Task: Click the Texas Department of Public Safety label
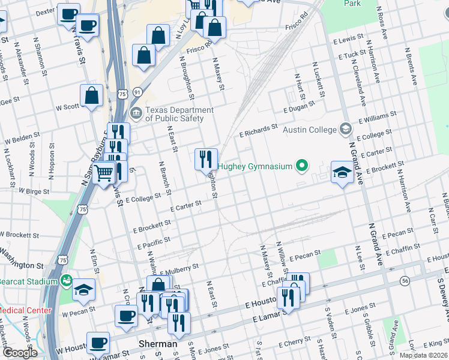179,114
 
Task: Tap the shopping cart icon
104,173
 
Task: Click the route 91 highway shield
138,92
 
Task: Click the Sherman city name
157,344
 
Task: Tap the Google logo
19,353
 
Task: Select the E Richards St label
258,130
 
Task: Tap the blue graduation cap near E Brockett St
342,173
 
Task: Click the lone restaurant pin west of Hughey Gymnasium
206,159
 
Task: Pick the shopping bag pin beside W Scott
91,95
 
